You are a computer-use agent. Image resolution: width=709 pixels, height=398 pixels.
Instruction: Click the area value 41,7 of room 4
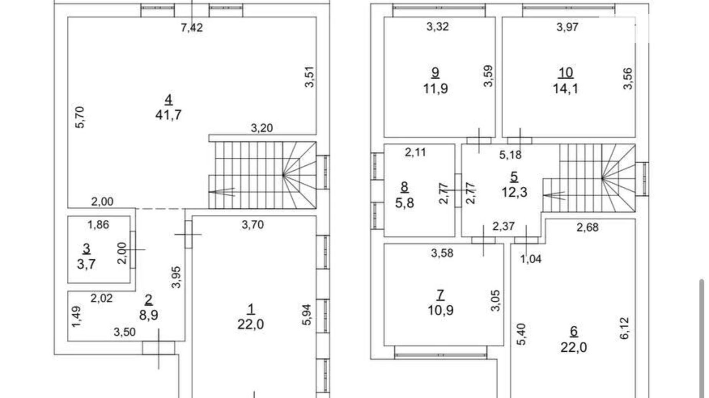[168, 114]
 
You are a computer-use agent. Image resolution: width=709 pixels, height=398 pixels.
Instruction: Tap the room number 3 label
[87, 248]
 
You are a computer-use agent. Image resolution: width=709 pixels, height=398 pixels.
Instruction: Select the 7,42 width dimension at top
[192, 28]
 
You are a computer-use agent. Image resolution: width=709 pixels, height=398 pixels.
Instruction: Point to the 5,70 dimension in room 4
[80, 117]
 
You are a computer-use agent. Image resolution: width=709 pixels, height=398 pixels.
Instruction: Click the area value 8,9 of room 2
[149, 315]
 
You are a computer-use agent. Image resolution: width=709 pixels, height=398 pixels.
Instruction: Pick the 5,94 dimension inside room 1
[307, 315]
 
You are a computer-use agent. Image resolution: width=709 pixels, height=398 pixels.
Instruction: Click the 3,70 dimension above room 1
[253, 225]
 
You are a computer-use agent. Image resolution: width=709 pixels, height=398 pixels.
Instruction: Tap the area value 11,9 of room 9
[435, 88]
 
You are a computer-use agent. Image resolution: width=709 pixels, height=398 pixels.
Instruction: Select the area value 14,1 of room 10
[565, 88]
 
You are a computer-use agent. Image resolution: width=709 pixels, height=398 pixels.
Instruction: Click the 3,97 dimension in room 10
[567, 27]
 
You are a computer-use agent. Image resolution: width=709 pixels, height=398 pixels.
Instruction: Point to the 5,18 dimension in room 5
[510, 155]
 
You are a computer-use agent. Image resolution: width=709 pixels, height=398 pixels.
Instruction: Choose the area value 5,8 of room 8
[404, 202]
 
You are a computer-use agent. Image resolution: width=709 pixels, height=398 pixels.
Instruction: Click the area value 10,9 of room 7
[440, 310]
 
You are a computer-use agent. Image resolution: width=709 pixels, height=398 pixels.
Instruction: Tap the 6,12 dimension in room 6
[624, 328]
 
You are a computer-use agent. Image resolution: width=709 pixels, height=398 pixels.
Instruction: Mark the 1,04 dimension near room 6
[531, 259]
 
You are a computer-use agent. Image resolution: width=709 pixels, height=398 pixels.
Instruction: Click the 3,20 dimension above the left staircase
[262, 128]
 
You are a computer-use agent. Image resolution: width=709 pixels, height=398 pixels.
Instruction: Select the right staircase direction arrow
[554, 196]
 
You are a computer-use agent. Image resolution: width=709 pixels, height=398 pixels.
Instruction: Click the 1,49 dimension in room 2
[77, 316]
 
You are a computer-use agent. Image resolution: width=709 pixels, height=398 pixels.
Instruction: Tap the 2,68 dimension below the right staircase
[588, 227]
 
